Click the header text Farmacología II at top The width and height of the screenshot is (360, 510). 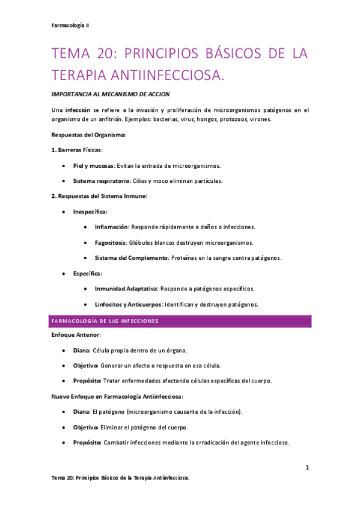pyautogui.click(x=71, y=25)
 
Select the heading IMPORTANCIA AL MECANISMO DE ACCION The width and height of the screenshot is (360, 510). pyautogui.click(x=111, y=94)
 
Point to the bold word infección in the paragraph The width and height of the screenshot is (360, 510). pyautogui.click(x=79, y=110)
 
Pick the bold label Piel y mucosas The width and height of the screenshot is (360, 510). pyautogui.click(x=93, y=165)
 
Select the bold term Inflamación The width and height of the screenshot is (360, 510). pyautogui.click(x=112, y=227)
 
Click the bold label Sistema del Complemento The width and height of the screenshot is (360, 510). pyautogui.click(x=130, y=258)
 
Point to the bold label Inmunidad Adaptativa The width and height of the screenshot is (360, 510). pyautogui.click(x=126, y=289)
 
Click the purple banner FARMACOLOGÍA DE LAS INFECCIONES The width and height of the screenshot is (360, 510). pyautogui.click(x=105, y=321)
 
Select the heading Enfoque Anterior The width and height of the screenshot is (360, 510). pyautogui.click(x=76, y=334)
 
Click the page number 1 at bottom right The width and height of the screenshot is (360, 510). pyautogui.click(x=306, y=467)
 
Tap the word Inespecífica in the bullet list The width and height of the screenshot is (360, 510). pyautogui.click(x=90, y=212)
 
